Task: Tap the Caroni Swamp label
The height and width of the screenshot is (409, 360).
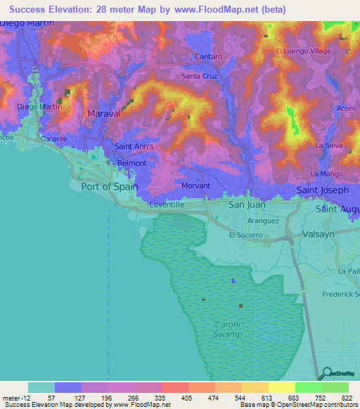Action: pos(228,330)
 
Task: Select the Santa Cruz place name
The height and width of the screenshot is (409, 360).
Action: pos(202,76)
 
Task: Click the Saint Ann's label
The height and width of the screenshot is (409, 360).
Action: pos(134,147)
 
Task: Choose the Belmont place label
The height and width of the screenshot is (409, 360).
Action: pos(131,163)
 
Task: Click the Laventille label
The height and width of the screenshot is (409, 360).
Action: pos(167,204)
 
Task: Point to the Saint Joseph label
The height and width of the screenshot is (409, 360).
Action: pos(322,190)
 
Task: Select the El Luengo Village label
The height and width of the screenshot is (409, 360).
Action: pos(302,51)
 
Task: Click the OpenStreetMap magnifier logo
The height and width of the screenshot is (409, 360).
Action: pos(326,373)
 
